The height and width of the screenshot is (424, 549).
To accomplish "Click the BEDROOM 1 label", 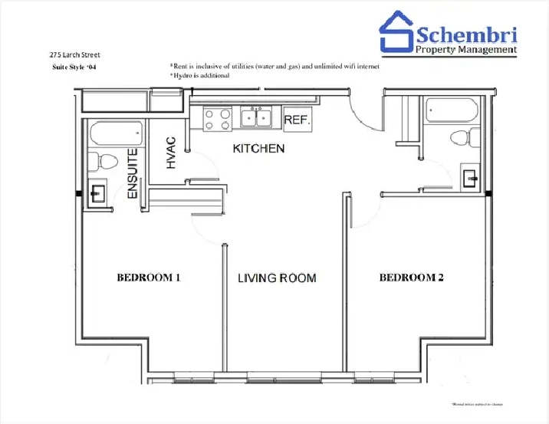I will click(148, 278).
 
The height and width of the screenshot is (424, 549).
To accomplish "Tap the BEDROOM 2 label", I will click(411, 278).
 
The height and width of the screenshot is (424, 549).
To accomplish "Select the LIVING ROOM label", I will click(276, 278).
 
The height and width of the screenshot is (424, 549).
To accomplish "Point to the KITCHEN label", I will click(259, 148).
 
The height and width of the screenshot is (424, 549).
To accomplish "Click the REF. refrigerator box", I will click(296, 120).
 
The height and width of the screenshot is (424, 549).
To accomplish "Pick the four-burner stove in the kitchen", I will click(216, 119).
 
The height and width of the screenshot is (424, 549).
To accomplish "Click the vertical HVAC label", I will click(171, 153).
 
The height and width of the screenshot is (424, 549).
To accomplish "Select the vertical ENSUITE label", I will click(133, 174).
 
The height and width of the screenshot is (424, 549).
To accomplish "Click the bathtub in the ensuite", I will click(116, 134).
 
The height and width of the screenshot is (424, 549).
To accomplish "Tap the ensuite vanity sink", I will click(98, 192).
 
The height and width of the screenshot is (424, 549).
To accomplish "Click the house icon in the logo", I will click(398, 32).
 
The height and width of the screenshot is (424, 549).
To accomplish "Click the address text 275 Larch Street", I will click(74, 54).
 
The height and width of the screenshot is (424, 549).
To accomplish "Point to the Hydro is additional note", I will click(201, 76).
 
